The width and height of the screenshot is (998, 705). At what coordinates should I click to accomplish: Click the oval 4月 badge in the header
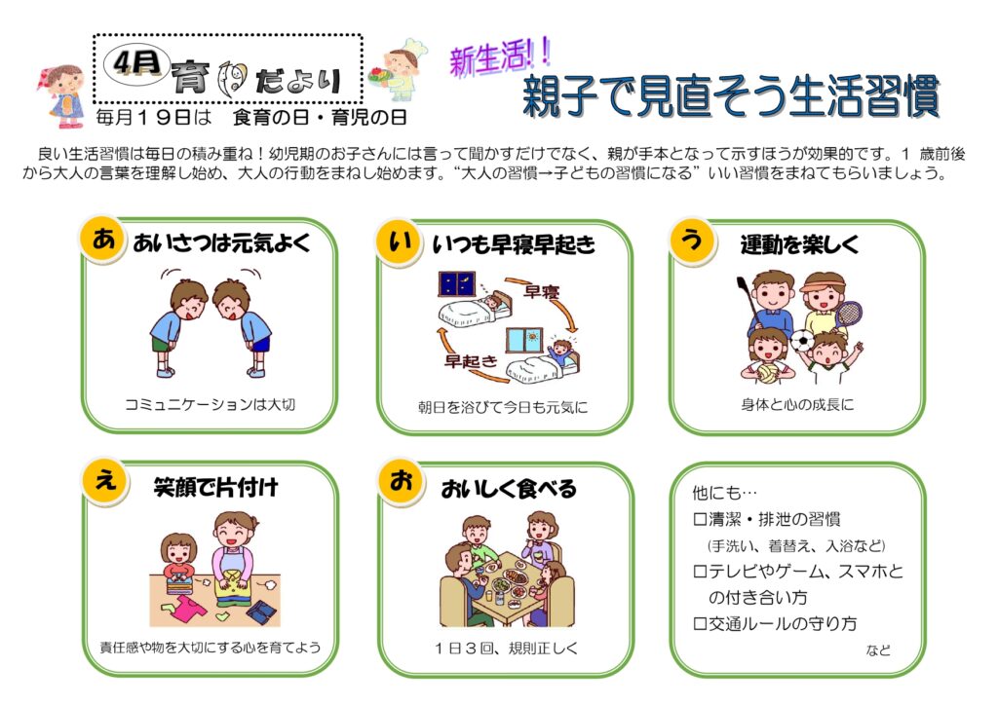point(136,63)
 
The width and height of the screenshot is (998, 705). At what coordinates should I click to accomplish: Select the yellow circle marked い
point(399,241)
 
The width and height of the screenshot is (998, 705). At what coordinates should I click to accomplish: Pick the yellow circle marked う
point(692,241)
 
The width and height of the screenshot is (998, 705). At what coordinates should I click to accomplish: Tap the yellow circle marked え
point(105,481)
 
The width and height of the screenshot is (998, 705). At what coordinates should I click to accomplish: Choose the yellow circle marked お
point(401,481)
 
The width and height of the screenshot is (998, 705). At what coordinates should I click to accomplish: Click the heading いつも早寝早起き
point(513,244)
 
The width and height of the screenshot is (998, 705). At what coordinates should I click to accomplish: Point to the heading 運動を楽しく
point(799,244)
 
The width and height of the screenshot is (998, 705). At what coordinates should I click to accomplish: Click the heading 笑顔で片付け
point(215,487)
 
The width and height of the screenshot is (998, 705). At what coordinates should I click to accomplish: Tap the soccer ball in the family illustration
point(803,342)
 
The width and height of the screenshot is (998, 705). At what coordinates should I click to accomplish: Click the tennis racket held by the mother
point(847,317)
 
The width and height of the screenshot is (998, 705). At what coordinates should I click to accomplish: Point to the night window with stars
point(456,283)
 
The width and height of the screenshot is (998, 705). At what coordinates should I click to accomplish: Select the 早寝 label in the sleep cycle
point(541,292)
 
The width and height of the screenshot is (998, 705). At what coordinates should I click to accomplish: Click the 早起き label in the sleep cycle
point(471,361)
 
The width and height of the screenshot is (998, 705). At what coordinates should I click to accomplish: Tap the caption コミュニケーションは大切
point(211,405)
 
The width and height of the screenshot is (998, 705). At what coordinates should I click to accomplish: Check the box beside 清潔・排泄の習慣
point(700,520)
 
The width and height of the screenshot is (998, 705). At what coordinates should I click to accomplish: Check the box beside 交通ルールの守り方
point(700,624)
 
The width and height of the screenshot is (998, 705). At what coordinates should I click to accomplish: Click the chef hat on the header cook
point(413,47)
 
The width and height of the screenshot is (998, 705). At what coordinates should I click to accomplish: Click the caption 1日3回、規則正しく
point(507,649)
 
